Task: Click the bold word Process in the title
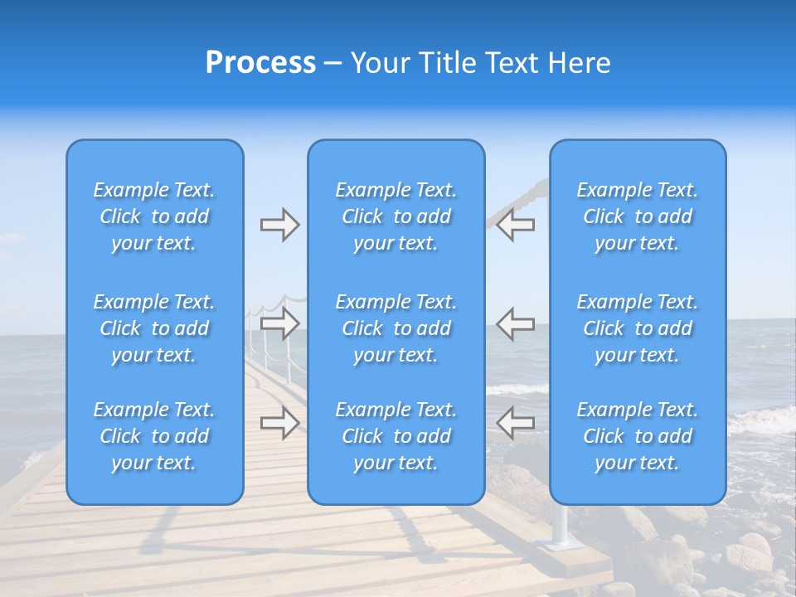coord(260,62)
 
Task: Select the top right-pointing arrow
coord(279,225)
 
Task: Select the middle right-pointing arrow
coord(279,323)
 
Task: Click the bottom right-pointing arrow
coord(279,423)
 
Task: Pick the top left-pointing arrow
coord(516,225)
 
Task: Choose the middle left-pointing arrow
coord(516,323)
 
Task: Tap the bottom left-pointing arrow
coord(516,423)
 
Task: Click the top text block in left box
coord(154,216)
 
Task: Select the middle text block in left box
coord(154,328)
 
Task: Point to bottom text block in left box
coord(154,436)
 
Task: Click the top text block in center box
coord(396,216)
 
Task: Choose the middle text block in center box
coord(396,328)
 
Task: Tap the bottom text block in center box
coord(396,436)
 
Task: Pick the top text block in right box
coord(638,216)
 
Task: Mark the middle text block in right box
coord(638,328)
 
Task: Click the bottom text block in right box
coord(638,436)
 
